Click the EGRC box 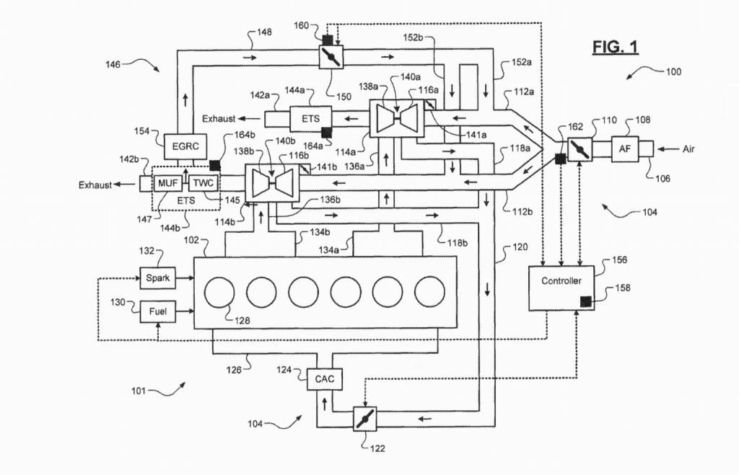coord(185,146)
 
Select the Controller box coord(561,288)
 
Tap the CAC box coord(325,379)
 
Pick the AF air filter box coord(625,148)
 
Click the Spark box coord(158,278)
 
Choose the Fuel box coord(158,311)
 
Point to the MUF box coord(167,183)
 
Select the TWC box coord(204,183)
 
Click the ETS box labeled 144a coord(310,119)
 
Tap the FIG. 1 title coord(615,47)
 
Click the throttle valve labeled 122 coord(365,419)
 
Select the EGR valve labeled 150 coord(331,57)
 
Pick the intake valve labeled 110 coord(580,149)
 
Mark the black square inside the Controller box coord(586,301)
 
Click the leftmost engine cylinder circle coord(219,292)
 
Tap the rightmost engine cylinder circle coord(430,292)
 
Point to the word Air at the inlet coord(688,149)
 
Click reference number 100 coord(673,71)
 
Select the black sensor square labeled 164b coord(215,165)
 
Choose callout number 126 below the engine coord(234,370)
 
